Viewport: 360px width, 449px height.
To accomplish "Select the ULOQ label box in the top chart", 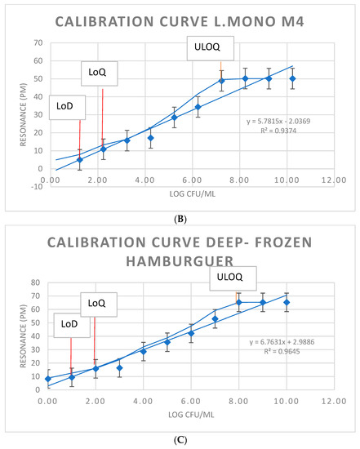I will point(204,48).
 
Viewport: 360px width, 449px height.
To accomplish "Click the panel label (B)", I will point(179,219).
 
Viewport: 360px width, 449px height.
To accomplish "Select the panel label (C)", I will point(179,440).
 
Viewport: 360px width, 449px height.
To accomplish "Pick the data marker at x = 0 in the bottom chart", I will point(48,379).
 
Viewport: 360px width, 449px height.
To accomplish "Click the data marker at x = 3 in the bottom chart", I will point(119,368).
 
